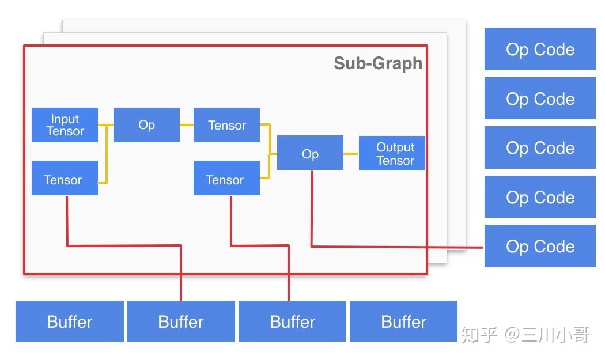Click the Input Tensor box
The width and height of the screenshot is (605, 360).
point(65,125)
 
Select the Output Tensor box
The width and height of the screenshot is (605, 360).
point(392,154)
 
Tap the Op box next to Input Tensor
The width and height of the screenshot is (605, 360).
point(146,125)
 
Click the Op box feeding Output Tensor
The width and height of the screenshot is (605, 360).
point(310,153)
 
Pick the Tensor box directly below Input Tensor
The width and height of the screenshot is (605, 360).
point(65,179)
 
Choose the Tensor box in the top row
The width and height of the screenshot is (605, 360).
point(226,125)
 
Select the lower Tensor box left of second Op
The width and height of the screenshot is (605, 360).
point(226,179)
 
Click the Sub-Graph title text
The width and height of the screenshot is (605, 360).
point(377,63)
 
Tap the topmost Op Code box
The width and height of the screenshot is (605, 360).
point(540,50)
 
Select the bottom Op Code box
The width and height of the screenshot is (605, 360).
point(540,246)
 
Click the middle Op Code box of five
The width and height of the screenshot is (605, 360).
point(540,148)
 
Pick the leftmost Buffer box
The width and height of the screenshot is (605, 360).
point(70,321)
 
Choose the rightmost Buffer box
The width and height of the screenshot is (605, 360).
point(403,321)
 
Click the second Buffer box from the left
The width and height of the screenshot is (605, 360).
point(181,321)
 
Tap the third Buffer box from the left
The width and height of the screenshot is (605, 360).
point(292,321)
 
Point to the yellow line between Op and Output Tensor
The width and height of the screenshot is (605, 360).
point(351,154)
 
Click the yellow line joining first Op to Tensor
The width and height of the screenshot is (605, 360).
point(186,124)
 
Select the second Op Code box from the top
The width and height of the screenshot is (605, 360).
point(540,99)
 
